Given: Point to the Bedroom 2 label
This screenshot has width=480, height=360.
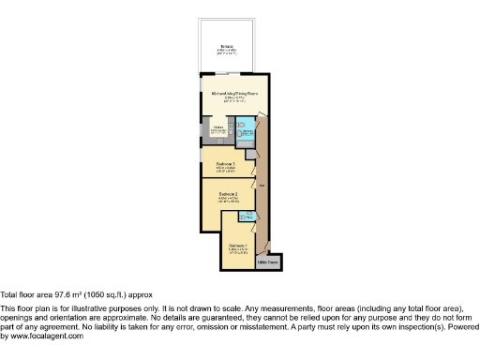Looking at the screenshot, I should [229, 195].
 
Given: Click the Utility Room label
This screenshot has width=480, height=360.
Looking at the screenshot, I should [268, 262].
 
